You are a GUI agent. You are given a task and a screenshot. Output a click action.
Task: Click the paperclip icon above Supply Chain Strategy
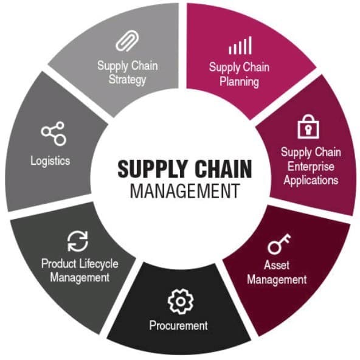tap(128, 41)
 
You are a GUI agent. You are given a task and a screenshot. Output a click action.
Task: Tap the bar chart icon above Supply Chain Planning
tap(240, 45)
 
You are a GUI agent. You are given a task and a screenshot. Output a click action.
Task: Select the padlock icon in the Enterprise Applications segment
tap(308, 126)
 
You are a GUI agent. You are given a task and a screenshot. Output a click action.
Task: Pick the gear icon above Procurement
tap(181, 302)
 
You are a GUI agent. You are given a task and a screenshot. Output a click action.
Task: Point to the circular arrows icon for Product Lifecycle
tap(78, 241)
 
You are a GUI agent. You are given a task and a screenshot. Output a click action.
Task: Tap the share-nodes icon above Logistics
tap(54, 134)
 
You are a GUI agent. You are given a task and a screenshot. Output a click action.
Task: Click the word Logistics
tap(50, 161)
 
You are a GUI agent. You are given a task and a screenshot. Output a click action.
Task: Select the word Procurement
tap(178, 325)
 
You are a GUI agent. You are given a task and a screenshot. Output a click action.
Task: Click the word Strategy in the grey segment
tap(127, 80)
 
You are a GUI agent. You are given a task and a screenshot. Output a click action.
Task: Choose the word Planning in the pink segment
tap(239, 82)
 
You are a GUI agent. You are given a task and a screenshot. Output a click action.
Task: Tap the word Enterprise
tap(311, 167)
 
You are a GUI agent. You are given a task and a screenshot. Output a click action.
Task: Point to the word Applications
tap(311, 181)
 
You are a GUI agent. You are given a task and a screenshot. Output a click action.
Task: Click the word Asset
tap(277, 265)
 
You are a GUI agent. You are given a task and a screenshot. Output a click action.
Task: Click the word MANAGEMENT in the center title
tap(185, 191)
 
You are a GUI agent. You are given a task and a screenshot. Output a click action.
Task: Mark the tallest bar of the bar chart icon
tap(250, 45)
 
